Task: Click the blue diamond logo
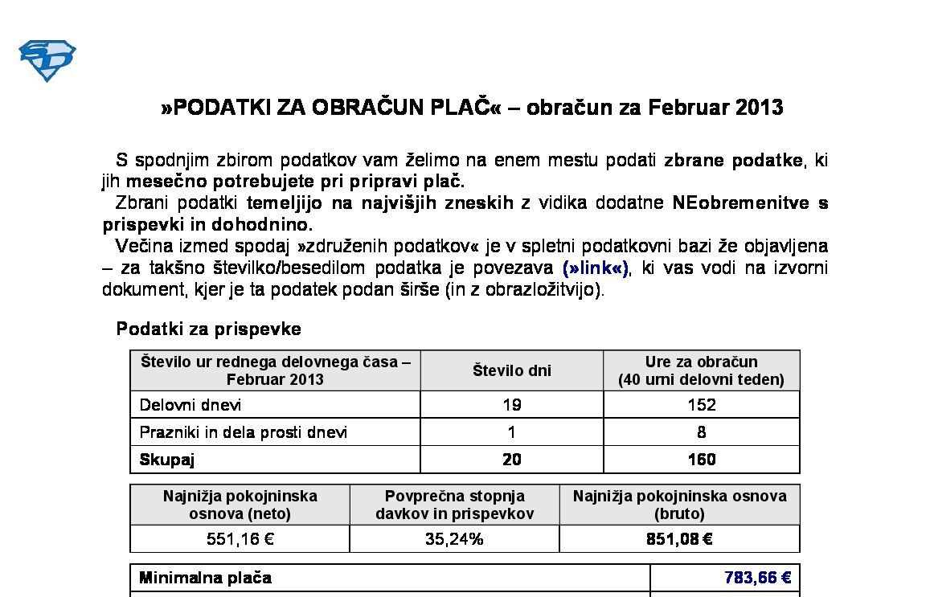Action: click(47, 60)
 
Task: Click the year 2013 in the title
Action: click(759, 108)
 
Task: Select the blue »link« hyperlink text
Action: click(596, 268)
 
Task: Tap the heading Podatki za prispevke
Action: click(209, 329)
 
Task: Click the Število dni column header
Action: click(511, 370)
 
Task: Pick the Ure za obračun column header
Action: click(701, 370)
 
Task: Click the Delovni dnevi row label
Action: click(191, 405)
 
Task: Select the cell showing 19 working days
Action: click(511, 405)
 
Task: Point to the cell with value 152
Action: click(701, 405)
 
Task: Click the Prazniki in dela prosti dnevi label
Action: click(244, 432)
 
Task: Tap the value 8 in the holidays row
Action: click(701, 432)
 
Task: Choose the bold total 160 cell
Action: click(701, 460)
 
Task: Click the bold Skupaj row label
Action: click(167, 460)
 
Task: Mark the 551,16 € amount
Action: click(240, 539)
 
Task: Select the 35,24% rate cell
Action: click(454, 539)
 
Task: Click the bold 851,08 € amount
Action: click(679, 539)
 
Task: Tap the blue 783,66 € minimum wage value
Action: click(757, 578)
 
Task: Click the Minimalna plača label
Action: click(205, 578)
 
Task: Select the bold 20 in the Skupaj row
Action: click(511, 460)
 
